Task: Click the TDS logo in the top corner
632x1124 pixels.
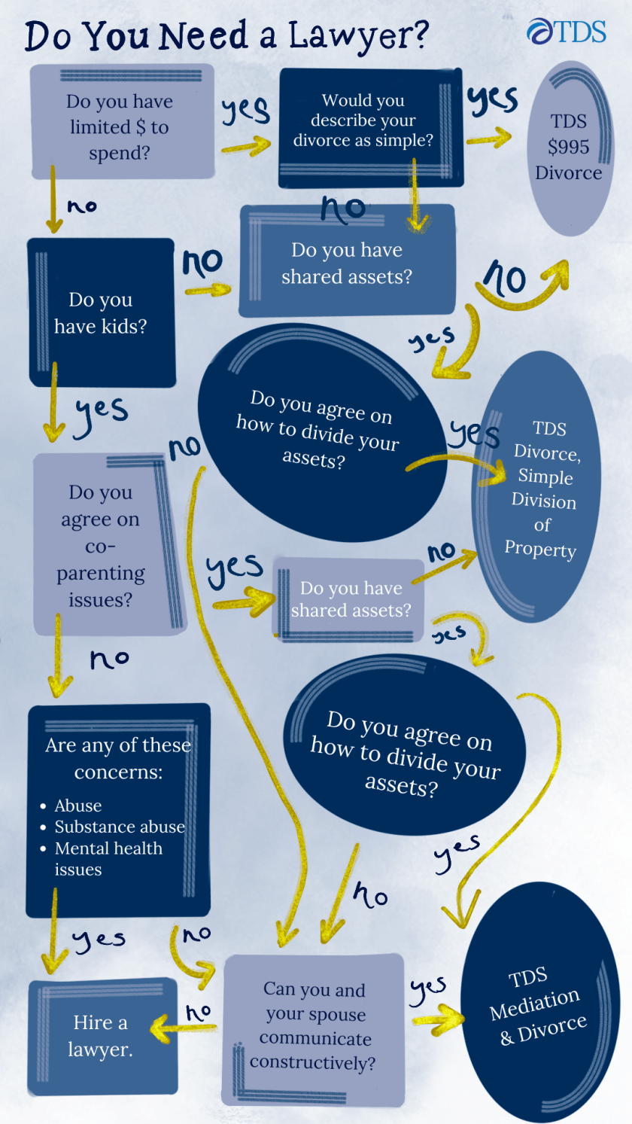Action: (566, 32)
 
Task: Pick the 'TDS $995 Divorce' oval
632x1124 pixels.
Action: (568, 147)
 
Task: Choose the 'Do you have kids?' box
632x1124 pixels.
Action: (101, 312)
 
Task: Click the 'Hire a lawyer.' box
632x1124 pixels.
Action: (102, 1036)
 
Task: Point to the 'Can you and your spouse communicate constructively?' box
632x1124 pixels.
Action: (314, 1025)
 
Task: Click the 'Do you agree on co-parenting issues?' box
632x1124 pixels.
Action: (101, 545)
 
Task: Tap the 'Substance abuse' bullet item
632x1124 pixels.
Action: (119, 827)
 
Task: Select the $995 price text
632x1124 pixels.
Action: (568, 147)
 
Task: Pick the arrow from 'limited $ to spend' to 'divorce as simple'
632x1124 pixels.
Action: (247, 144)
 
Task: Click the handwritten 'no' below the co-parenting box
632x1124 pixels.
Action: (109, 659)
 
